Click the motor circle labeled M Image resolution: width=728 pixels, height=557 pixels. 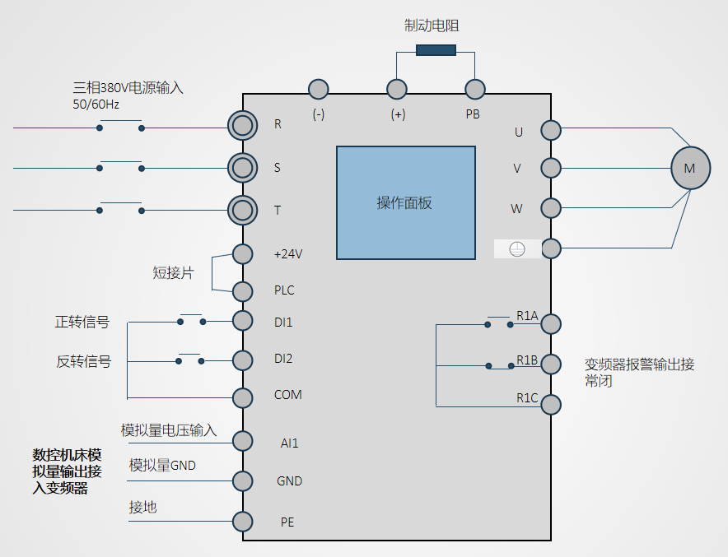(690, 168)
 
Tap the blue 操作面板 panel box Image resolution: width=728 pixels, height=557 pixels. (405, 203)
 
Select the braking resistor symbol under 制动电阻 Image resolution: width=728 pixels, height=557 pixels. (436, 50)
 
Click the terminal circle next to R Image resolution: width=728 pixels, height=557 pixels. (242, 125)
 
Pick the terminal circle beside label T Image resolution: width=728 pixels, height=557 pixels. (242, 210)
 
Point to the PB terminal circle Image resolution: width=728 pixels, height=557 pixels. (474, 89)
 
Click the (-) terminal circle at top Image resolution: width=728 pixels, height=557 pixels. (318, 89)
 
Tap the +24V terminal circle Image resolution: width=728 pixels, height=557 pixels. (242, 253)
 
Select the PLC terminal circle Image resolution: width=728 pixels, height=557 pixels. (242, 291)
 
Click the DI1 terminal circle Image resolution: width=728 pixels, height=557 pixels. (242, 322)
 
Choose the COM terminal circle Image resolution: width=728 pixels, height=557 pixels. (242, 397)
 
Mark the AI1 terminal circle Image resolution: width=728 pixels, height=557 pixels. (242, 441)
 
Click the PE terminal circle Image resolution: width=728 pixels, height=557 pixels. (242, 521)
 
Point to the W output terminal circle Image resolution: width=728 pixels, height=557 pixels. (551, 207)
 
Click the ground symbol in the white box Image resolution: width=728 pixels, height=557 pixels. (517, 248)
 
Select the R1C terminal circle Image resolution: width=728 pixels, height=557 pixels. (551, 404)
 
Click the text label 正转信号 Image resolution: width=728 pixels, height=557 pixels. (82, 323)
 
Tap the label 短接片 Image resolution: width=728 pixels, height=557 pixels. (173, 273)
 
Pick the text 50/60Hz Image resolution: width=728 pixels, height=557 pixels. (96, 104)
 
